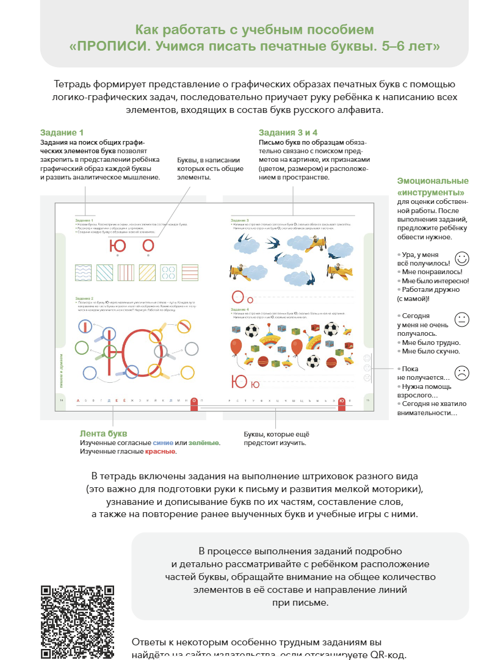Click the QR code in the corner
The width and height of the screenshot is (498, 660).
tap(78, 622)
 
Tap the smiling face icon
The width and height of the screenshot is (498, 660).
tap(462, 258)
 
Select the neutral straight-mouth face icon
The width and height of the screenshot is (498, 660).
tap(462, 319)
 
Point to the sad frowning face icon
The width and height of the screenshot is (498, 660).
tap(462, 373)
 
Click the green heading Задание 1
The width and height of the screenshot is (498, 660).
tap(62, 132)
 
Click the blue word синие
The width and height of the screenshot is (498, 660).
tap(163, 443)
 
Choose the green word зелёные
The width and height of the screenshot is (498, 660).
tap(204, 443)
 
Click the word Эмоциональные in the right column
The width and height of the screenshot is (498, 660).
tap(433, 181)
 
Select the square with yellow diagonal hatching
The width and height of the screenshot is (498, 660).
tap(150, 272)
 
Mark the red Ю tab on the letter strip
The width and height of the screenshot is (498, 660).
tap(342, 402)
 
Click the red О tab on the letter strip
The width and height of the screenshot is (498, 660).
tap(193, 402)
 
